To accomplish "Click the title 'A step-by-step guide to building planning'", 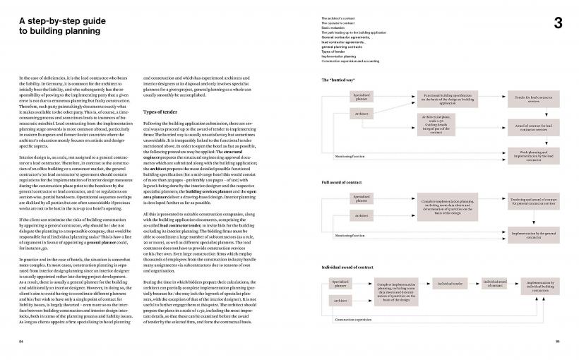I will coord(59,26).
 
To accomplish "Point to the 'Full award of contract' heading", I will coord(341,183).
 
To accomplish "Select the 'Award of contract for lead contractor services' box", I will coord(523,127).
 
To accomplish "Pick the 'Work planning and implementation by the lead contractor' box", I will coord(523,154).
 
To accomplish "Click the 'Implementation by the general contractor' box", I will coord(523,234).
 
